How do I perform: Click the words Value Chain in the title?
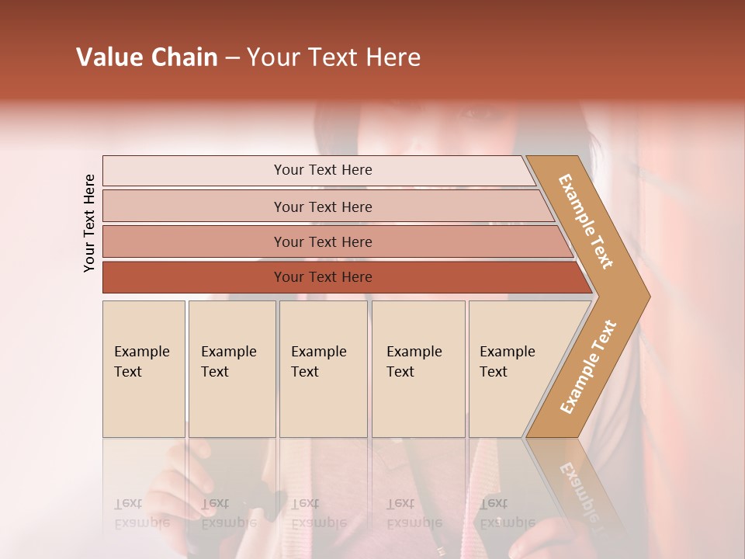[147, 57]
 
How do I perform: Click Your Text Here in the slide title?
[334, 57]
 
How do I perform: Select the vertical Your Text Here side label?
[89, 223]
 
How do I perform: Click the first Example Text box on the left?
[144, 369]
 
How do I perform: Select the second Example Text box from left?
[231, 369]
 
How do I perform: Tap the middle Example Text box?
[323, 369]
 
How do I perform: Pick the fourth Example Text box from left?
[418, 369]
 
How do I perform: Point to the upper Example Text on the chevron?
[586, 221]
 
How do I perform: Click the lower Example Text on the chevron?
[587, 367]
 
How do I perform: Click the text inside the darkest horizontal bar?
[323, 277]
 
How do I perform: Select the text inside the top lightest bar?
[323, 170]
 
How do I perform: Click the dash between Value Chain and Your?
[232, 58]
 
